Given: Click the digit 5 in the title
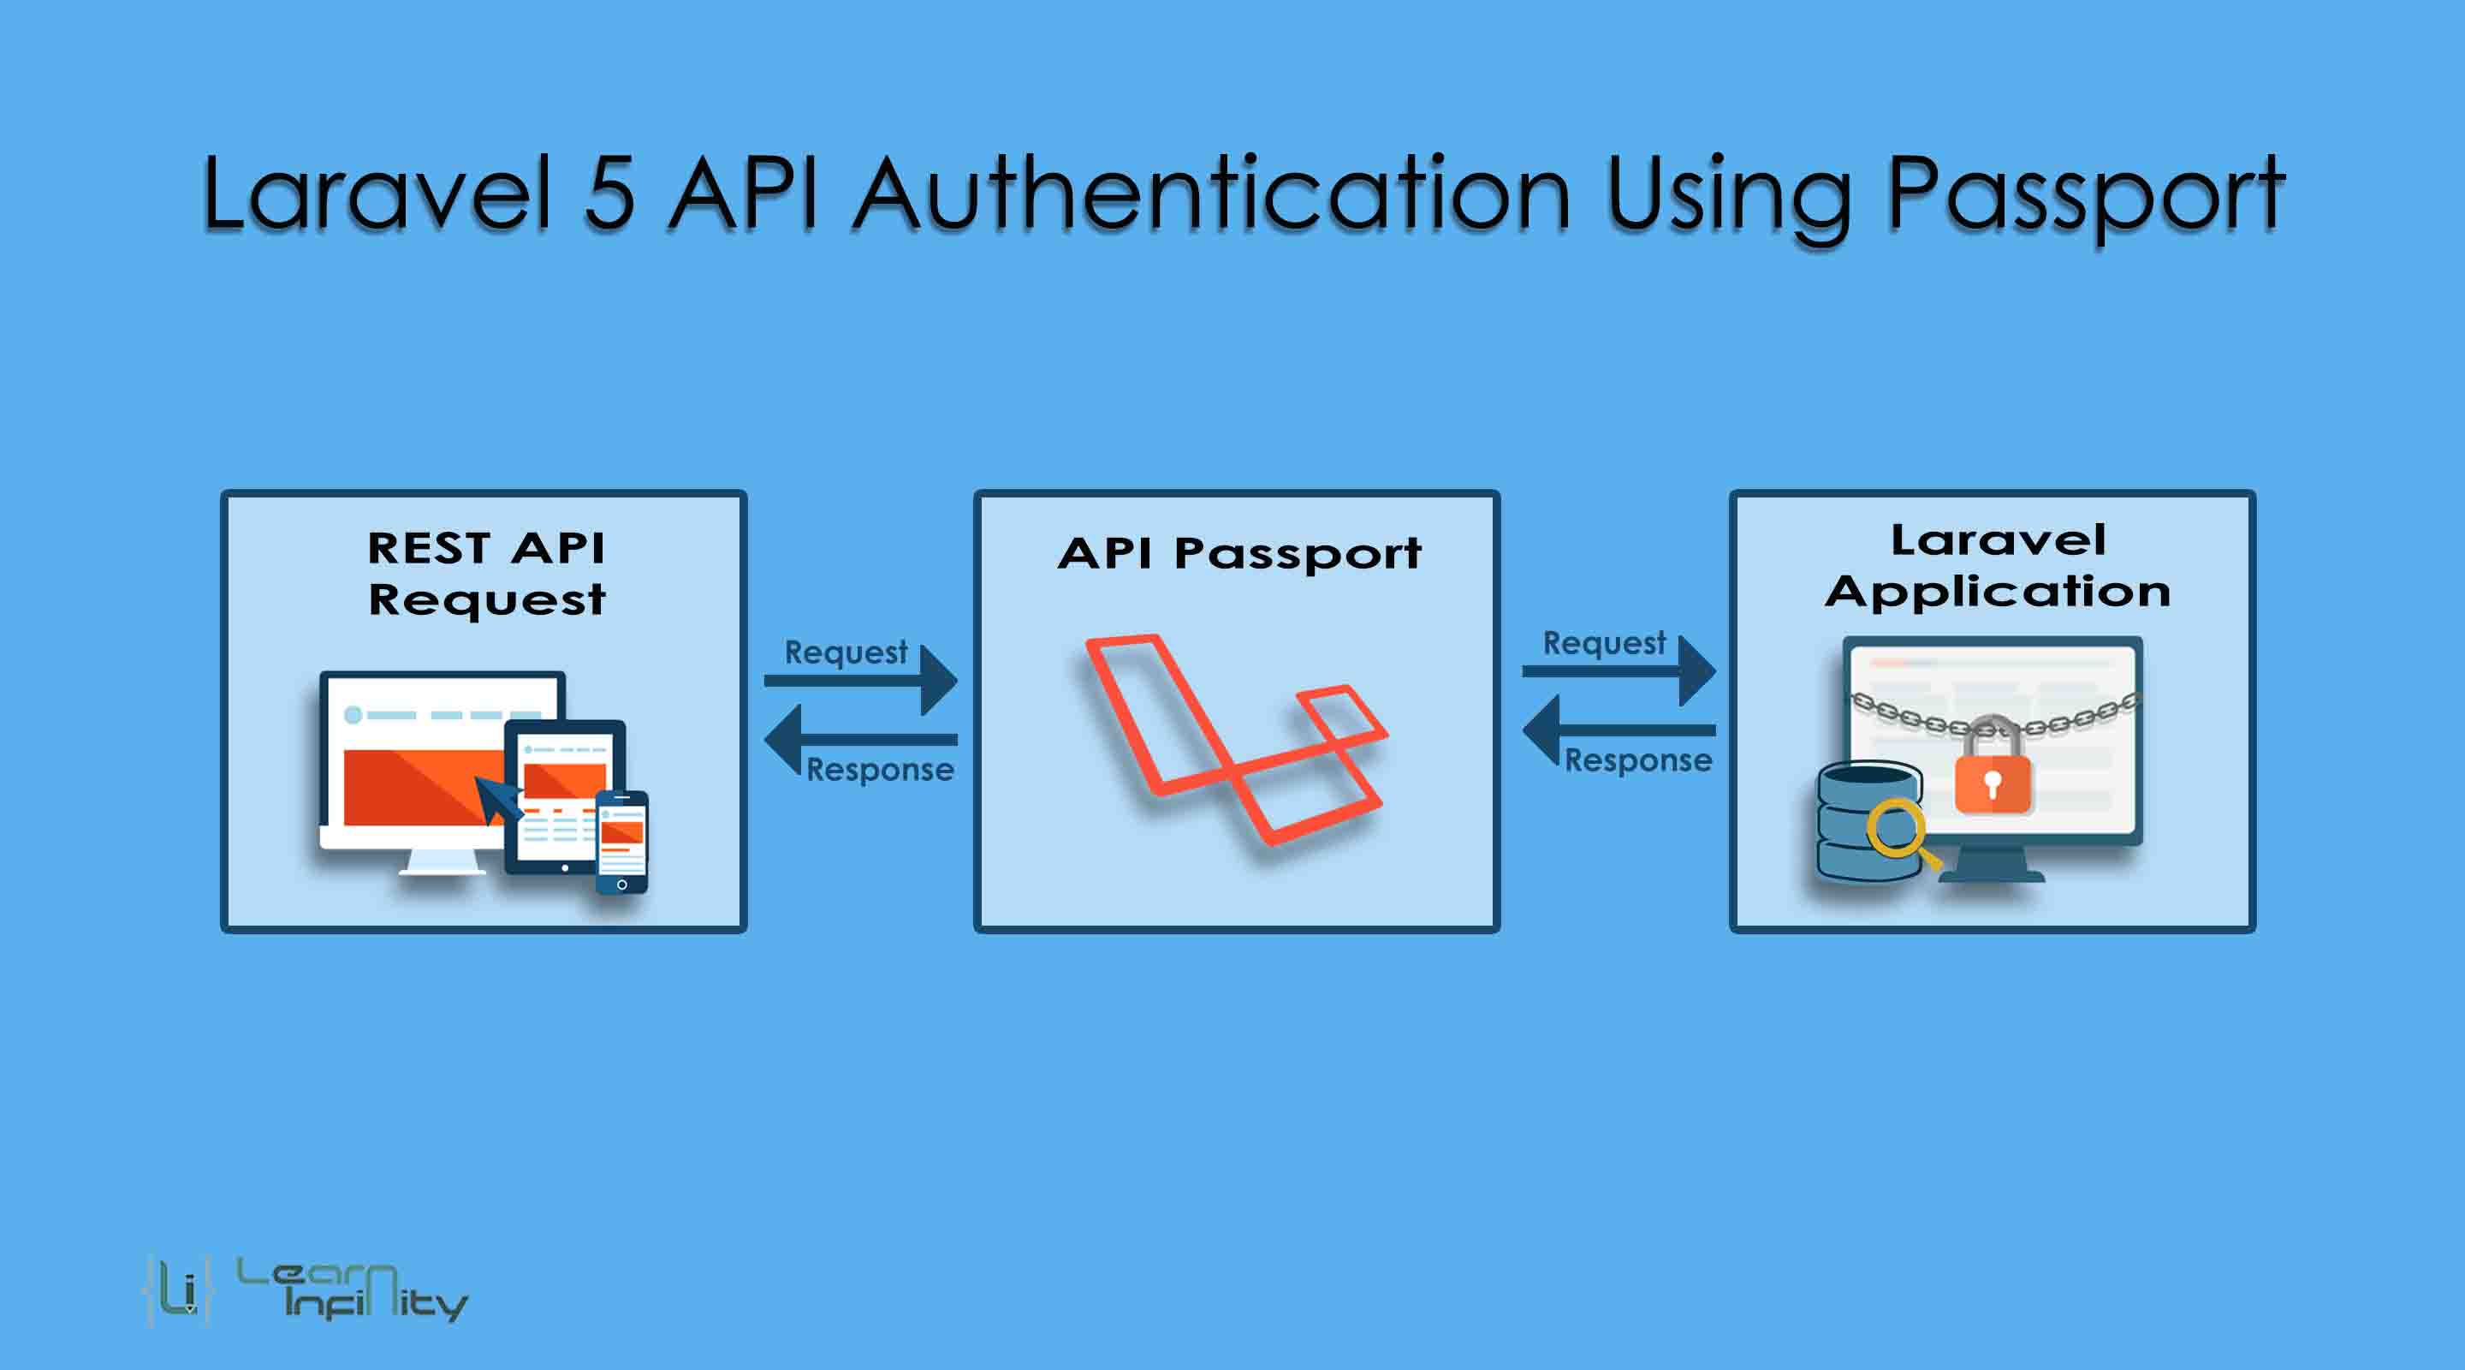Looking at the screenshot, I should tap(609, 195).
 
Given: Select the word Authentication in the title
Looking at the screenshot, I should tap(1211, 195).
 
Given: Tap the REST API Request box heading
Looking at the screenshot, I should tap(486, 574).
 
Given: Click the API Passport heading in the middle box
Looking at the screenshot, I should tap(1239, 553).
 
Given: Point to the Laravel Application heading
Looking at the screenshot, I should tap(1998, 566).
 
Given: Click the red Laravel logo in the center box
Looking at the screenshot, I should tap(1235, 737).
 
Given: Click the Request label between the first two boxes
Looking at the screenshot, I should tap(846, 652).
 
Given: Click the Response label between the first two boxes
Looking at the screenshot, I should tap(879, 770).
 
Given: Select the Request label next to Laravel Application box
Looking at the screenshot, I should tap(1604, 642).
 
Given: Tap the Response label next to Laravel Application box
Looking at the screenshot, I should tap(1637, 760).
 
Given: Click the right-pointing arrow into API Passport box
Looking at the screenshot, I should tap(861, 681).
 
